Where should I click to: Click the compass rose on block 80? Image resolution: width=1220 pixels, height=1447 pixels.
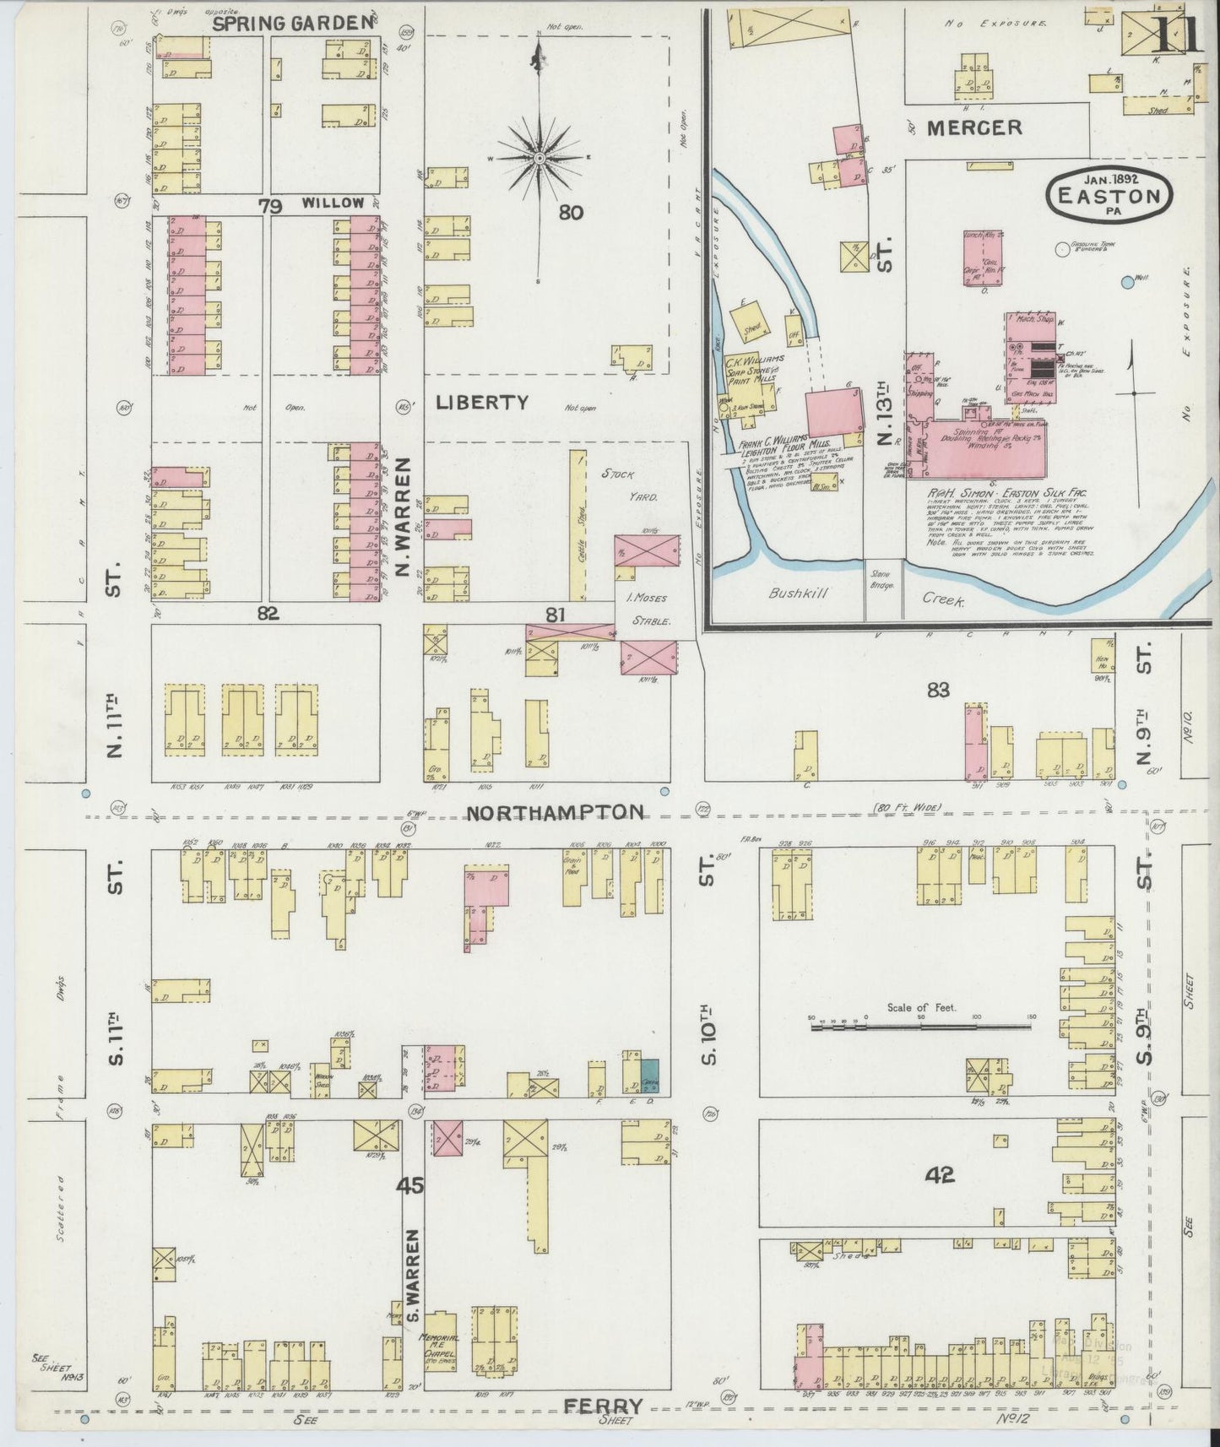(x=539, y=158)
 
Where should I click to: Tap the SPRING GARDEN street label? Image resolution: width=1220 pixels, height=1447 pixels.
(x=292, y=24)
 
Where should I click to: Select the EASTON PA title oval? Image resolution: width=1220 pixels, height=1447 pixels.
(x=1109, y=196)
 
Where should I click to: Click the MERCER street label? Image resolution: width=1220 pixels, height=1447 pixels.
(x=974, y=127)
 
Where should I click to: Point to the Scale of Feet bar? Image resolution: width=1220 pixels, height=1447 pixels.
(x=920, y=1026)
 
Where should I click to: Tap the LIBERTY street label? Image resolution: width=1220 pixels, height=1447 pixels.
(x=482, y=403)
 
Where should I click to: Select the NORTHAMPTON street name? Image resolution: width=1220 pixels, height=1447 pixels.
(x=555, y=812)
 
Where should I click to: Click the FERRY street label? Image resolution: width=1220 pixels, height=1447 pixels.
(x=603, y=1406)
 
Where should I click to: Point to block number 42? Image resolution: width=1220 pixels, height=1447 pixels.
(x=939, y=1174)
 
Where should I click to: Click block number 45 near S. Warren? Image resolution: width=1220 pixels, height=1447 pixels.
(x=412, y=1185)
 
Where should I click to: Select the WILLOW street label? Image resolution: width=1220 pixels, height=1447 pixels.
(x=333, y=203)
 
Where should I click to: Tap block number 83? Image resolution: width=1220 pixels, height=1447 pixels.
(x=938, y=691)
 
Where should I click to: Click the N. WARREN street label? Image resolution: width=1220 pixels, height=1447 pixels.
(x=403, y=518)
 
